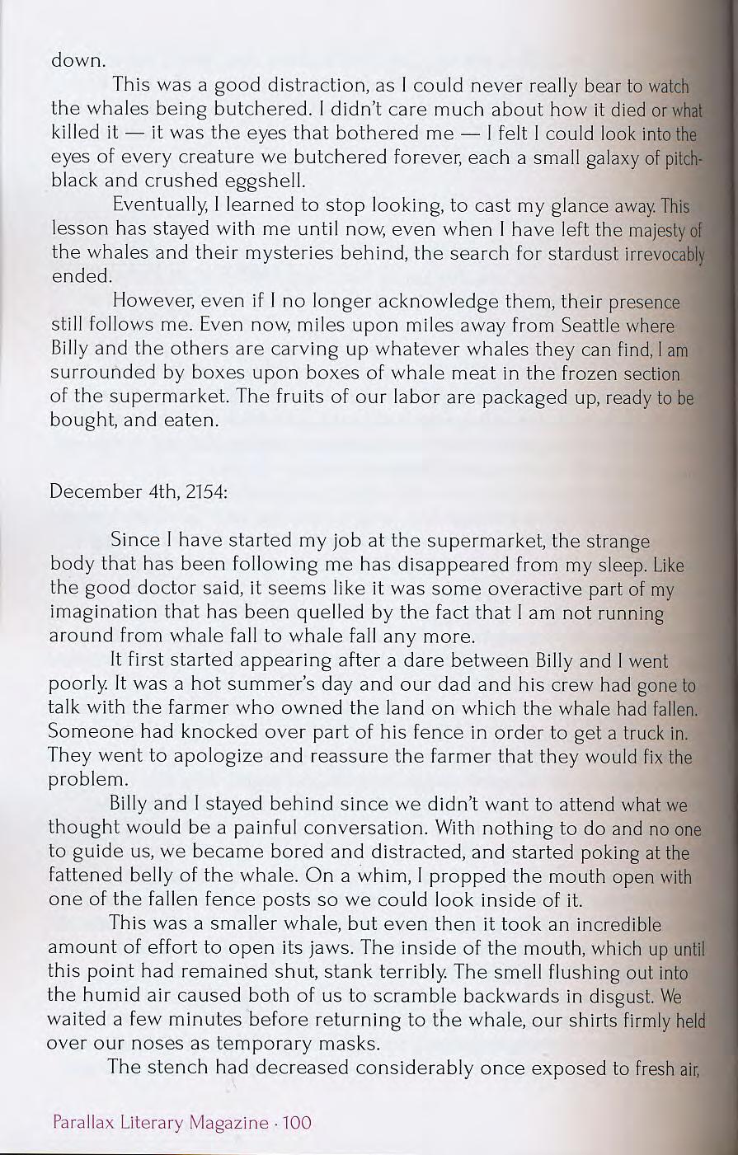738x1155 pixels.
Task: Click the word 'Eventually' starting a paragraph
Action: click(x=162, y=204)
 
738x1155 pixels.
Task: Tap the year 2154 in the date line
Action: click(x=207, y=492)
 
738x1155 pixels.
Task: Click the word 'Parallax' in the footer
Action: click(x=85, y=1122)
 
